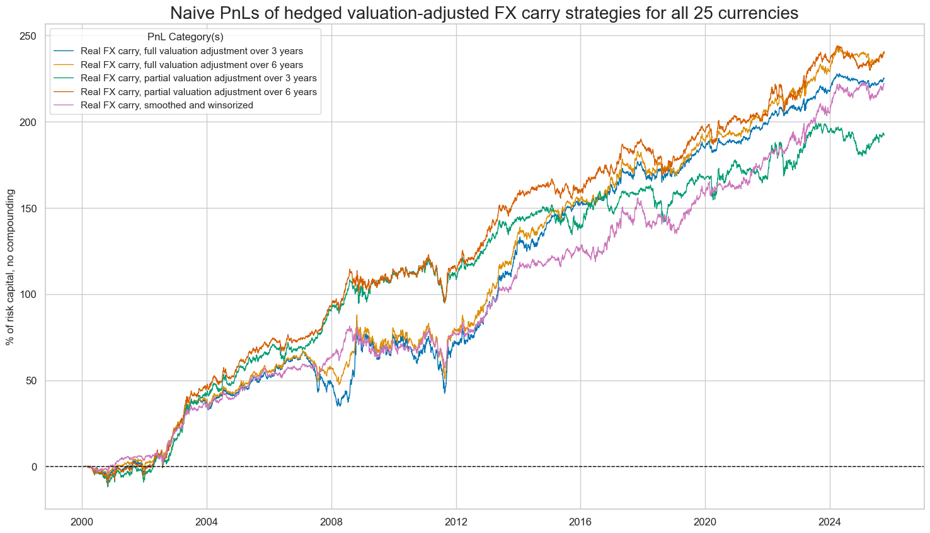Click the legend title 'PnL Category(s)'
click(185, 37)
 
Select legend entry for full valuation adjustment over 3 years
click(192, 51)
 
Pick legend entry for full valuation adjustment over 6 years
click(192, 65)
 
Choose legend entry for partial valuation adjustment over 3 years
click(198, 78)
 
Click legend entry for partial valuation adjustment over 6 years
click(198, 92)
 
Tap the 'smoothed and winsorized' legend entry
click(167, 105)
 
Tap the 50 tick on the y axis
click(32, 381)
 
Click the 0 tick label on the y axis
click(34, 467)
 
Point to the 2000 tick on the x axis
click(82, 522)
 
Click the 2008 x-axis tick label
click(331, 522)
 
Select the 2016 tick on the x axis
click(580, 522)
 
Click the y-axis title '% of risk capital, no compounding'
click(10, 266)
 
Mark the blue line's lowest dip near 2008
click(339, 405)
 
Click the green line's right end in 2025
click(884, 134)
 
